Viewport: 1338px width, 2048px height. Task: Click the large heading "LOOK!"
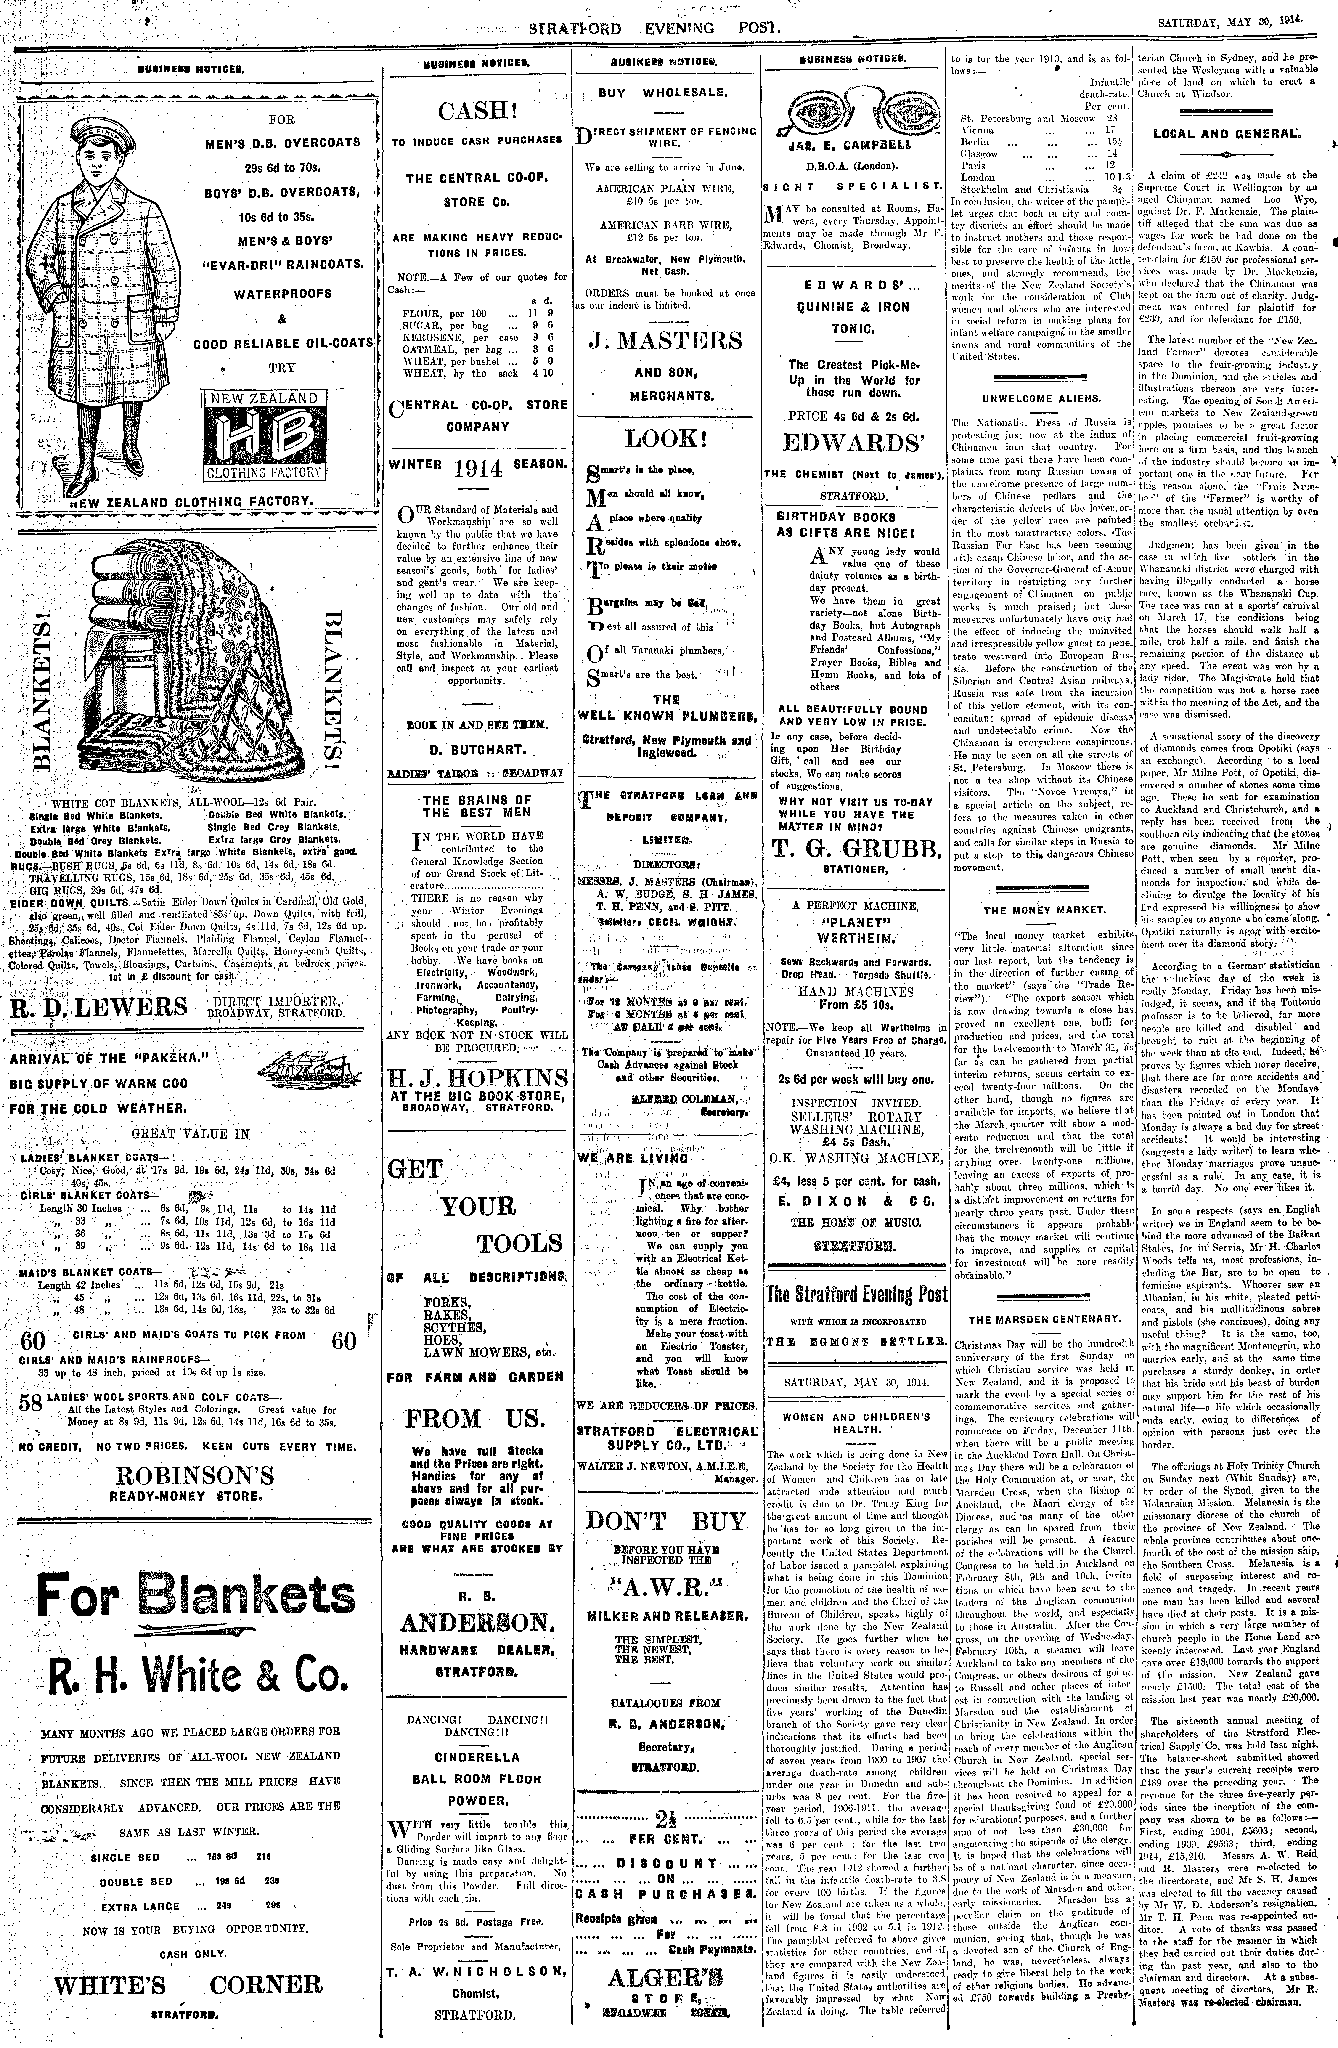(665, 438)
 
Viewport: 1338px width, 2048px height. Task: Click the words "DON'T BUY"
(665, 1520)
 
